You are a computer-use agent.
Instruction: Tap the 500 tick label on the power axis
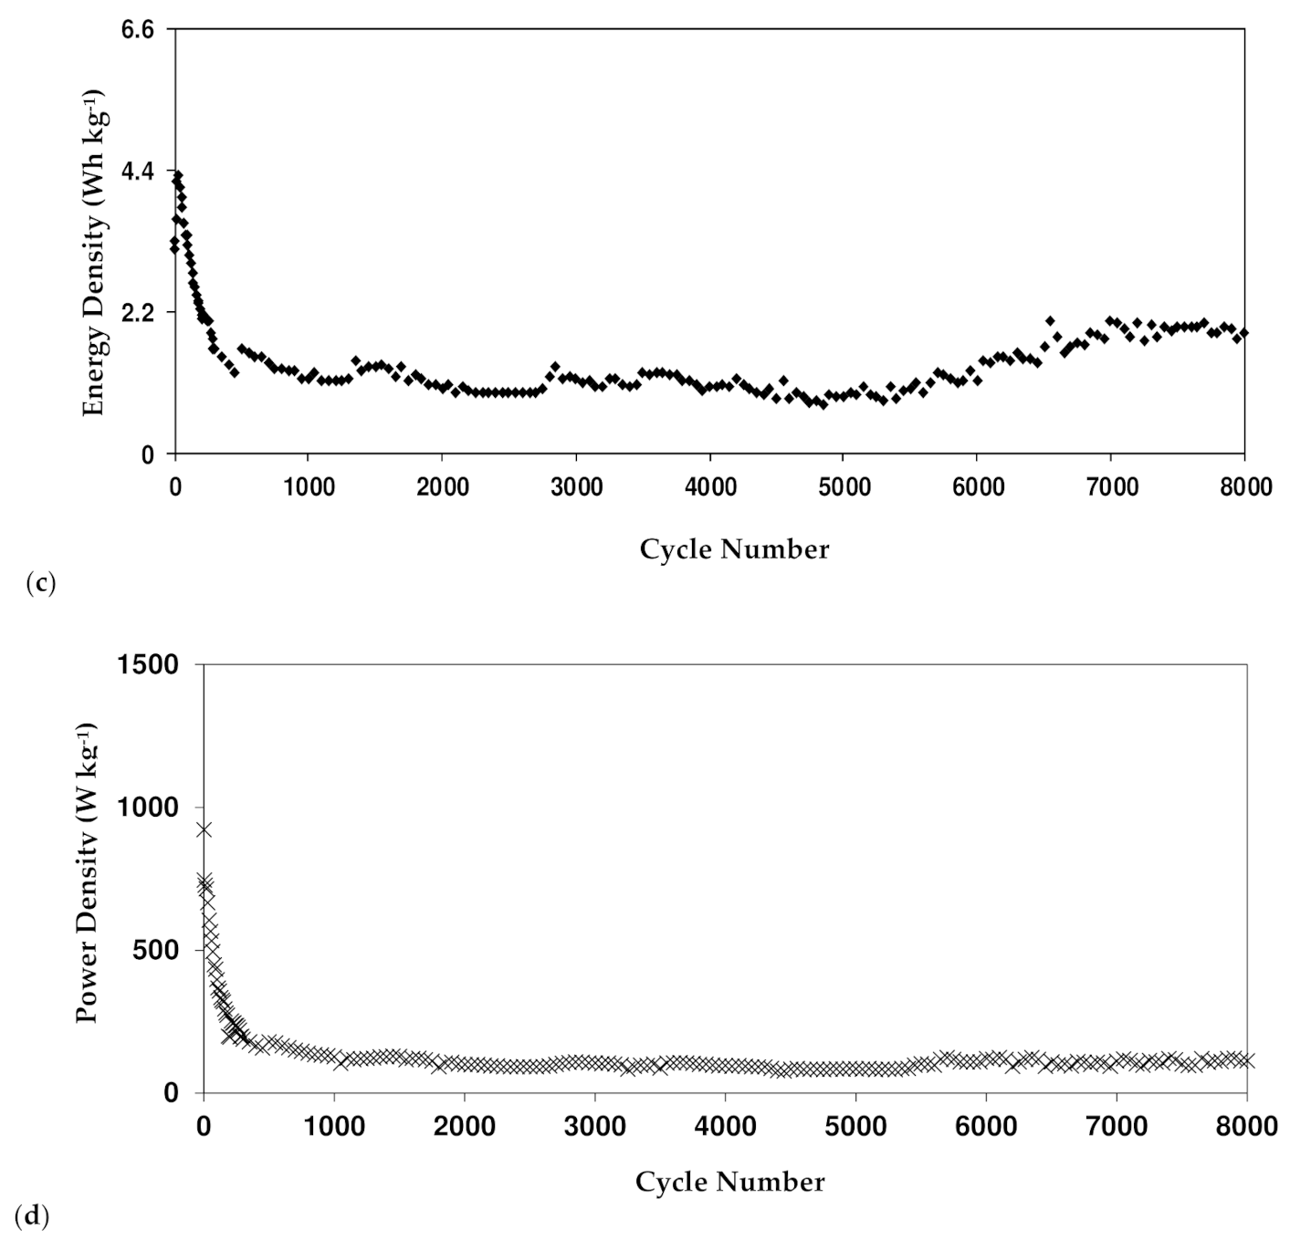[163, 950]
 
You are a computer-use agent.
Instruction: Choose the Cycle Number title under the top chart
[734, 549]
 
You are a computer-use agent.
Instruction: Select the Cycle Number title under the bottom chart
[729, 1182]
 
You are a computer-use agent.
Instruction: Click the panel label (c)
[41, 583]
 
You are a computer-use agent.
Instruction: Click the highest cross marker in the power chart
[204, 829]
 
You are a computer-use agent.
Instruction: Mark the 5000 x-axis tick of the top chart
[843, 486]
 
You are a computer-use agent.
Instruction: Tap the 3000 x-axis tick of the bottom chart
[595, 1126]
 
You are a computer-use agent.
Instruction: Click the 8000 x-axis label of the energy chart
[1245, 486]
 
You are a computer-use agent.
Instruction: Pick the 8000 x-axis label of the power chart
[1248, 1126]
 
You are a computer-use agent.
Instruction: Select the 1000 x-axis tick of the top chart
[308, 486]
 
